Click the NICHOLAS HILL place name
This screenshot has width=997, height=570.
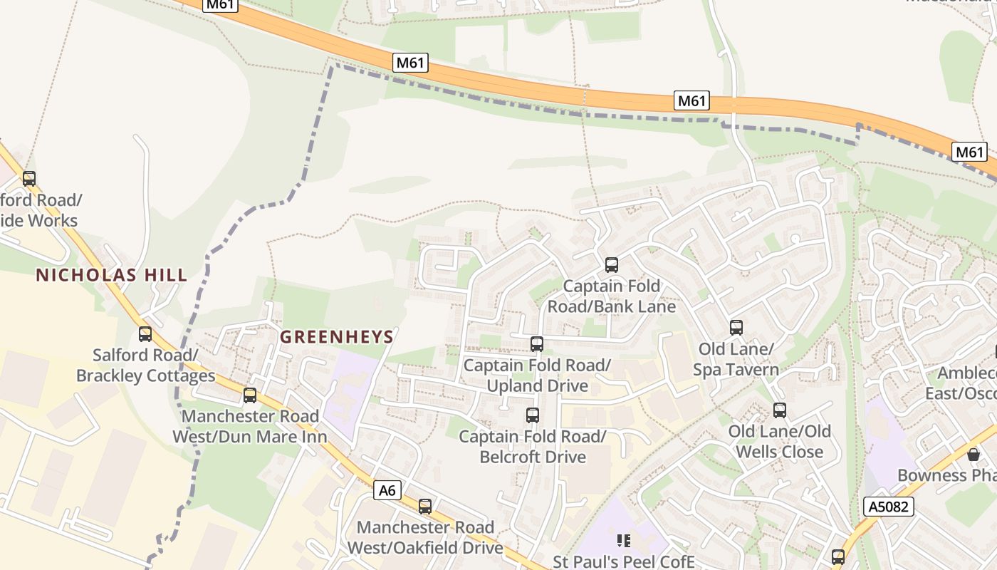pos(112,275)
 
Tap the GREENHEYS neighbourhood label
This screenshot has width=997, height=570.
pos(337,337)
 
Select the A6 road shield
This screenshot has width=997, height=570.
pos(387,490)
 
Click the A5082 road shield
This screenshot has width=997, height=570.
pos(888,507)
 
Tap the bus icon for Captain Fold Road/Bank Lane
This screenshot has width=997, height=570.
pos(611,265)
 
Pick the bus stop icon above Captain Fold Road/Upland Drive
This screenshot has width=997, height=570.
pos(537,344)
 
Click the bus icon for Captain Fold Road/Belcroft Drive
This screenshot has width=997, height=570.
pos(532,415)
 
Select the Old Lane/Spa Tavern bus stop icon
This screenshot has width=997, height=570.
pos(736,328)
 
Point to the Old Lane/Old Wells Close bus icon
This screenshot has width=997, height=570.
pos(780,410)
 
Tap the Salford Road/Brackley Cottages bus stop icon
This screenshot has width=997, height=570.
pos(145,333)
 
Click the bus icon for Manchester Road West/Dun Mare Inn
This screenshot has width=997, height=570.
pos(250,395)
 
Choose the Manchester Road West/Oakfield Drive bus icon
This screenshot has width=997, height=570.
pos(425,507)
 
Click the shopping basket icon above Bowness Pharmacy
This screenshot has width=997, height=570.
pos(973,455)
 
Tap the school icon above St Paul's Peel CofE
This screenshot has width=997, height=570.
pos(624,541)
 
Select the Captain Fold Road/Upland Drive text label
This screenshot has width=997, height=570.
pos(537,375)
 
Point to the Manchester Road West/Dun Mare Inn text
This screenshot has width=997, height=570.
pos(250,426)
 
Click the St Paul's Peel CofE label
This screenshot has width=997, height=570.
pos(624,561)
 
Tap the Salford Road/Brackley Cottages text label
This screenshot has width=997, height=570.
pos(145,365)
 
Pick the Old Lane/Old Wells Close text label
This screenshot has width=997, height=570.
pos(780,442)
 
